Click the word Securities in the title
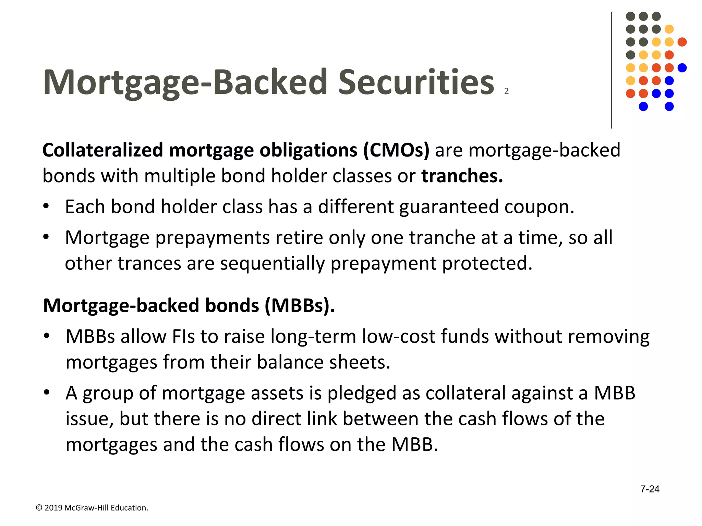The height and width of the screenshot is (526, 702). [x=416, y=82]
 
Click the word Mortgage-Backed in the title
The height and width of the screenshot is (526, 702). [x=185, y=82]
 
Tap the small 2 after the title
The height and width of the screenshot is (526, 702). [x=506, y=91]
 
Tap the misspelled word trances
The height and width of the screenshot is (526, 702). [x=149, y=263]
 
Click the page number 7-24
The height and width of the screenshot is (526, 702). [x=650, y=489]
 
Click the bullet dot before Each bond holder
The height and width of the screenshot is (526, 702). [x=46, y=206]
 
